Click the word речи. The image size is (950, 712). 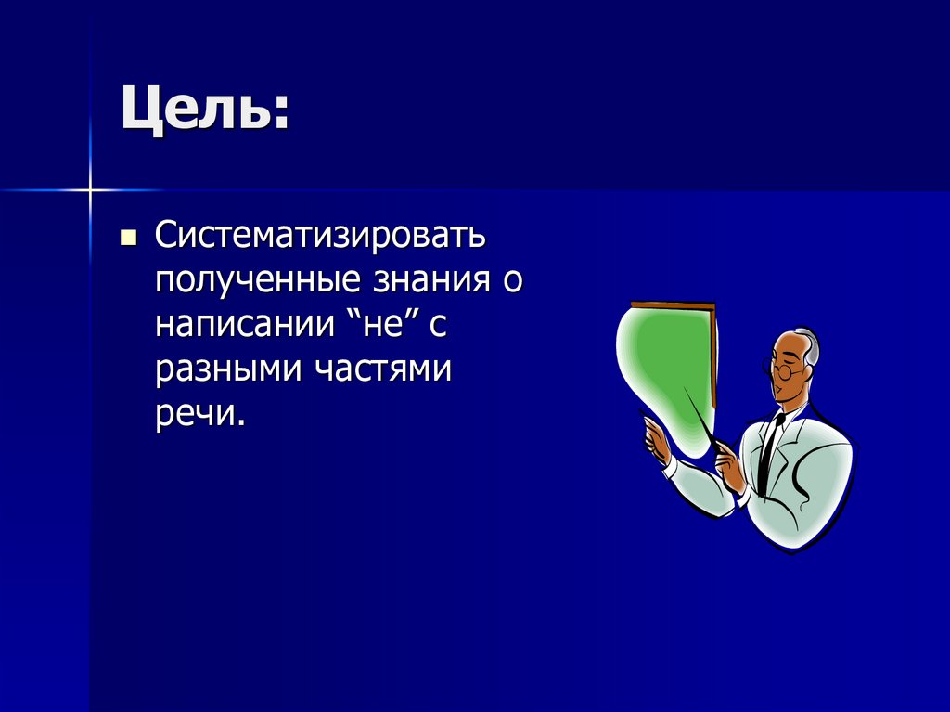point(199,413)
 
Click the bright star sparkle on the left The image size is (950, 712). point(90,190)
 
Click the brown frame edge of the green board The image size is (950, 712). point(712,353)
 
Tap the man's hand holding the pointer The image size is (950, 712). point(729,464)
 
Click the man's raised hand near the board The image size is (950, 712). point(657,437)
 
